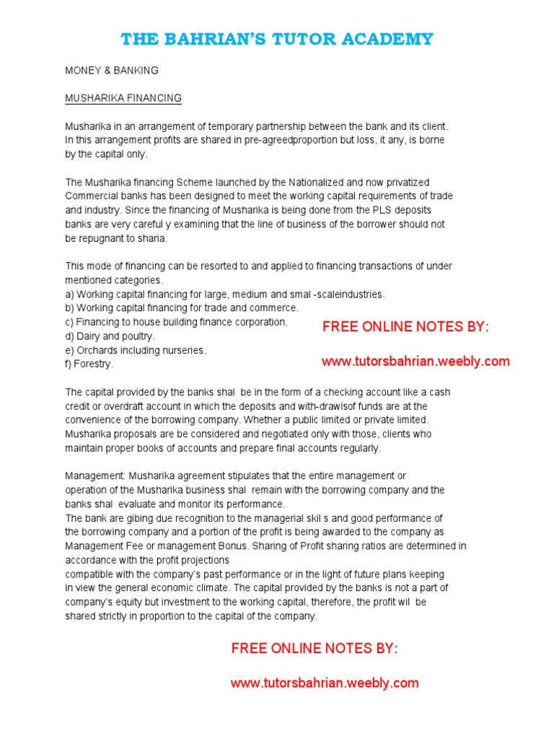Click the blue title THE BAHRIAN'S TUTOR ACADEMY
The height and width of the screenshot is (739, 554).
[277, 39]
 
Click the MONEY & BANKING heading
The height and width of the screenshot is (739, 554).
[112, 71]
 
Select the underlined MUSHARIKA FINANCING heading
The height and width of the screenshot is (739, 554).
[123, 98]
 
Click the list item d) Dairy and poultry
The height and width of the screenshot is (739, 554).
[110, 336]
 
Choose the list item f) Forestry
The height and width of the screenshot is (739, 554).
[89, 364]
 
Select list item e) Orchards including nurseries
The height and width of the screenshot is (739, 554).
[136, 350]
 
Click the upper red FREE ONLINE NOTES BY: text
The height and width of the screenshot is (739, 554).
[405, 327]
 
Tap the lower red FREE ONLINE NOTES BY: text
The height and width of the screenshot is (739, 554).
[315, 649]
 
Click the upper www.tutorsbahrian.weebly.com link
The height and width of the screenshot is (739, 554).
[415, 361]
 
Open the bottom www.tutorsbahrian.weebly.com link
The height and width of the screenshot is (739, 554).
[325, 683]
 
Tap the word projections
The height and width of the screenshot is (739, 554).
[204, 560]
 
